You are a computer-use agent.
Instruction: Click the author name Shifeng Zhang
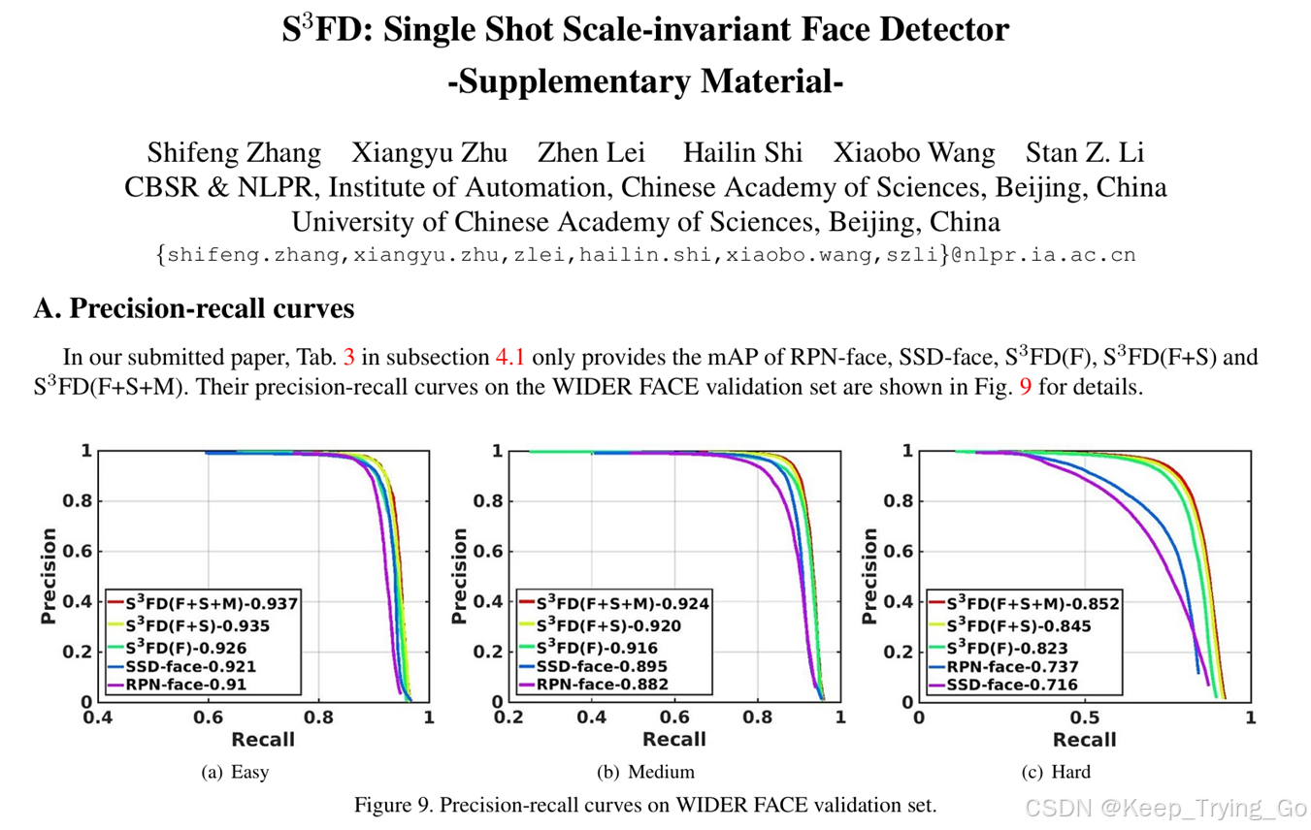tap(234, 153)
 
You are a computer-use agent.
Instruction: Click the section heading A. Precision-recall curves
tap(193, 308)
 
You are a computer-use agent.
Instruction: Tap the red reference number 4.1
tap(509, 357)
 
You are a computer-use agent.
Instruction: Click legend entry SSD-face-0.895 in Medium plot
tap(602, 665)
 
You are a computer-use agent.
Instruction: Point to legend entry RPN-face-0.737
tap(1012, 666)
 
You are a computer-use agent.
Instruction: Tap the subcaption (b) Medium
tap(645, 772)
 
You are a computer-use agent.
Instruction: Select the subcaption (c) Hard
tap(1056, 772)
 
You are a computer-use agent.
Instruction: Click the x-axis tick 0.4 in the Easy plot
tap(97, 718)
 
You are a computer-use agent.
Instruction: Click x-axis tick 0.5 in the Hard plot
tap(1085, 718)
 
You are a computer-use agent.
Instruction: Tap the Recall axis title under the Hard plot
tap(1085, 740)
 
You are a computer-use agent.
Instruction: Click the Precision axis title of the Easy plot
tap(49, 575)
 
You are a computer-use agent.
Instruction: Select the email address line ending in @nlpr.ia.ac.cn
tap(645, 255)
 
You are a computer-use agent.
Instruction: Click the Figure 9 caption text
tap(645, 805)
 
